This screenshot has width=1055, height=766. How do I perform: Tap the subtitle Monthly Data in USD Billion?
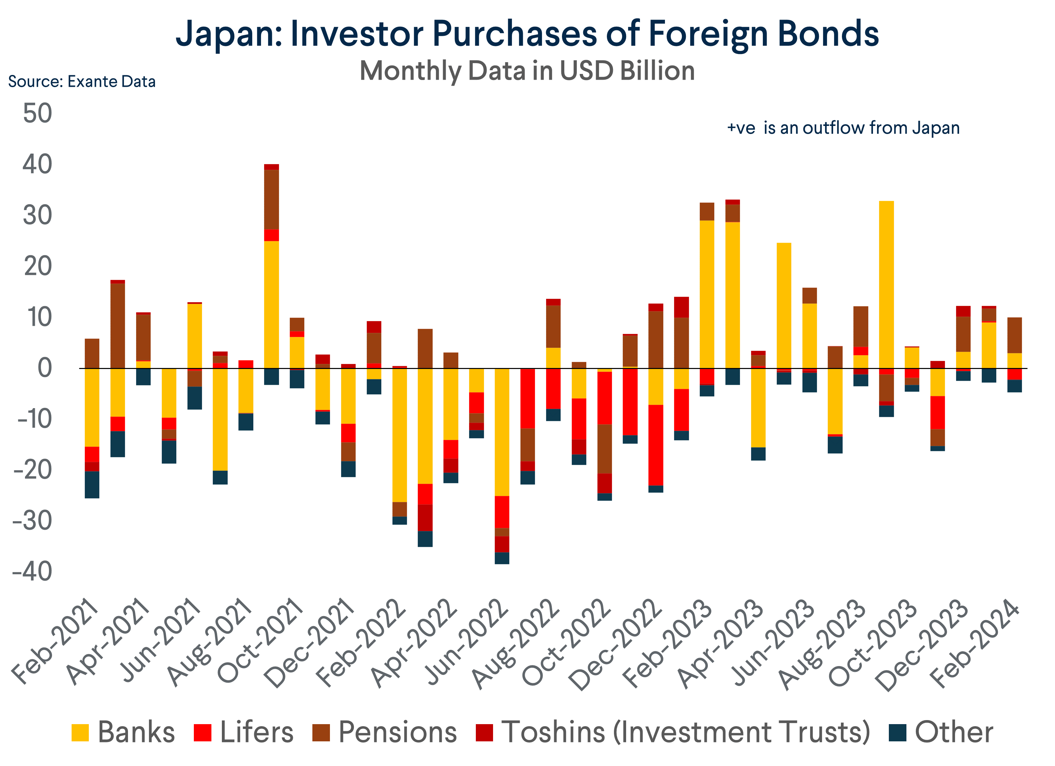click(x=527, y=71)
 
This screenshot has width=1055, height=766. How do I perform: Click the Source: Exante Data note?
click(x=82, y=82)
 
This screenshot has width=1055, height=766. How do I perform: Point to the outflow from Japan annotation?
click(x=843, y=128)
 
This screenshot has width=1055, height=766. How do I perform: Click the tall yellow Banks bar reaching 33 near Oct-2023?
click(x=886, y=284)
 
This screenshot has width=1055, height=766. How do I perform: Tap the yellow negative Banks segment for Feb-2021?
click(x=92, y=407)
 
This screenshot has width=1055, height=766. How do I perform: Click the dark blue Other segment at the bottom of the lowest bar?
click(x=501, y=558)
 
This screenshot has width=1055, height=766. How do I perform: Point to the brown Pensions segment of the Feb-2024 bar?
click(x=1014, y=335)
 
